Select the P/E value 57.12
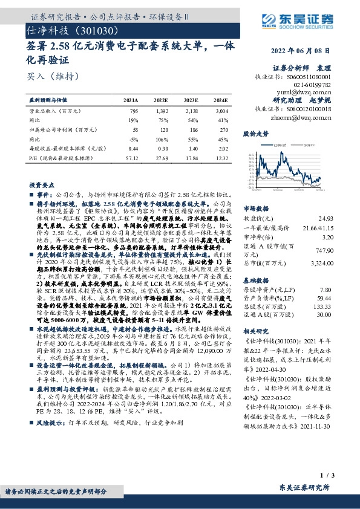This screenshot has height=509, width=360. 131,157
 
